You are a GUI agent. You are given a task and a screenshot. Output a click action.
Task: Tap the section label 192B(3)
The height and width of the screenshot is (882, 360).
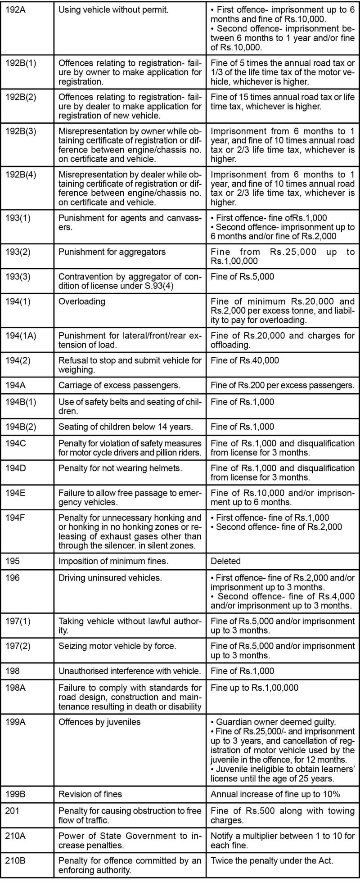[x=21, y=131]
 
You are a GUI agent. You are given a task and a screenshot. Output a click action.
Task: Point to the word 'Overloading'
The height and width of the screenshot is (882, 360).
[x=81, y=301]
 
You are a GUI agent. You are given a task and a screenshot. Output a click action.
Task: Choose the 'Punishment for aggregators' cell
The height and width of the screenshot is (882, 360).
[x=112, y=252]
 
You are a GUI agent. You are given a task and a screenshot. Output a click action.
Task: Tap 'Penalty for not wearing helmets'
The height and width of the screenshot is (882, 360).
[x=121, y=468]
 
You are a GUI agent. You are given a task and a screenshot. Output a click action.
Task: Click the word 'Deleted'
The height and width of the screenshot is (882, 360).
[x=226, y=561]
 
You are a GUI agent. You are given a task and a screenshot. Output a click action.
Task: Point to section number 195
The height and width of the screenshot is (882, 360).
[x=13, y=561]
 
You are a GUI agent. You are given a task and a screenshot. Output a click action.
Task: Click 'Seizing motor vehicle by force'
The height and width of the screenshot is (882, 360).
[x=117, y=646]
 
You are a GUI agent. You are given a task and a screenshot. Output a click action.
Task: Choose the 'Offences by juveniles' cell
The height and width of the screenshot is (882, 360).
[x=99, y=722]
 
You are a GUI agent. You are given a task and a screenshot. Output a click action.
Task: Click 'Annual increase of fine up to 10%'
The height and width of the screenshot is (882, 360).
[x=275, y=794]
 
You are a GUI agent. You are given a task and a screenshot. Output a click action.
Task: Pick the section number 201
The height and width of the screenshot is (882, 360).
[x=12, y=811]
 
